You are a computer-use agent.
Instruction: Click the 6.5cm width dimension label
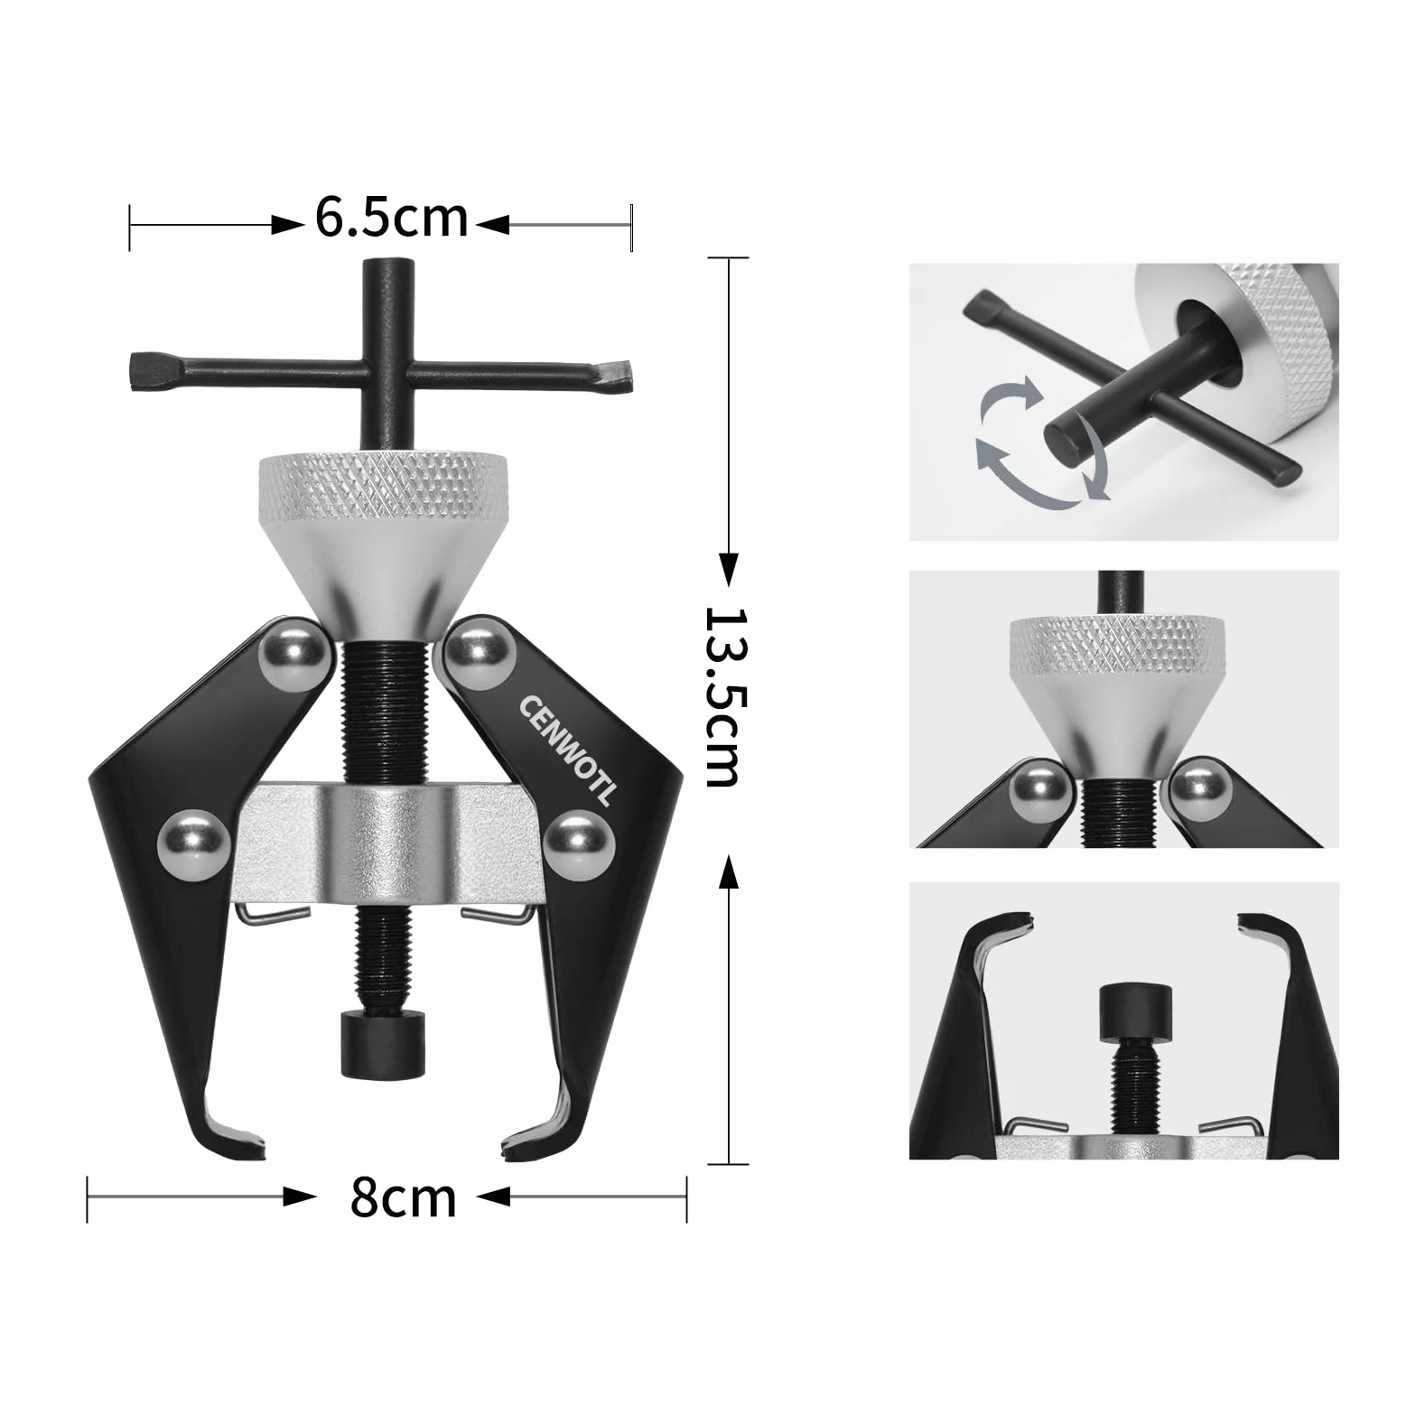392,219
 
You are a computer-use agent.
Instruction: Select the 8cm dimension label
403,1197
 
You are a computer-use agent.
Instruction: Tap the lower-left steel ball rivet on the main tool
192,845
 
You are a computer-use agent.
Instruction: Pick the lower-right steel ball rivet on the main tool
580,845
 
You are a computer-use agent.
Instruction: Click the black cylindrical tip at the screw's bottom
383,1043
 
